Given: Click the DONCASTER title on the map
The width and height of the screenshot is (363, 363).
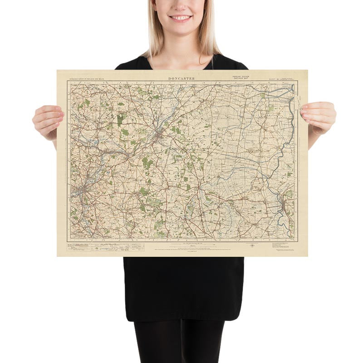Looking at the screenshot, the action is click(x=181, y=78).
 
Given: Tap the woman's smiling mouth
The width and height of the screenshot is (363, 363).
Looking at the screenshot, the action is click(x=181, y=18).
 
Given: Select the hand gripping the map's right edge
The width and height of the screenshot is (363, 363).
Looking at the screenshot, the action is click(x=319, y=117).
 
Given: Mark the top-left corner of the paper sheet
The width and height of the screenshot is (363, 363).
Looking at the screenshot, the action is click(x=57, y=70).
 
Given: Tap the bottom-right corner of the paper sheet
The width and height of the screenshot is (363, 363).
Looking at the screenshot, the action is click(x=307, y=256).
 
